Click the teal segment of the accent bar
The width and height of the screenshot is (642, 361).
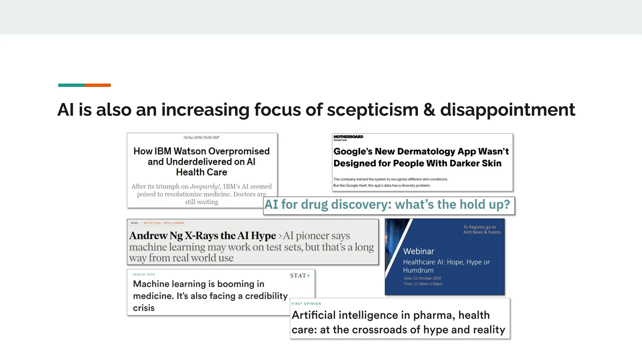71,85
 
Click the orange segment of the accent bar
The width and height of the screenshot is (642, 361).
97,85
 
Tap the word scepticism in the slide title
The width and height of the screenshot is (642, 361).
372,110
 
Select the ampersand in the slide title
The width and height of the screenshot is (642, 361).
429,110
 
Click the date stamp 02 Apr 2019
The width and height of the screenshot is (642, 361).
192,138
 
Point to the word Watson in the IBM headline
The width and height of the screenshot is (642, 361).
190,151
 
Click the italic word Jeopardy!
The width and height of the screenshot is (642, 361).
205,186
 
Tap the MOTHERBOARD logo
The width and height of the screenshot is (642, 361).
348,137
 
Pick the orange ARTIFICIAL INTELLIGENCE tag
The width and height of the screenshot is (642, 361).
164,223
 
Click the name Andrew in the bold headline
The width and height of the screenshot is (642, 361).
148,236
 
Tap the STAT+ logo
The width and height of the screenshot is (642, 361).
300,276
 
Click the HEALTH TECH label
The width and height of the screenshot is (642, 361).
144,275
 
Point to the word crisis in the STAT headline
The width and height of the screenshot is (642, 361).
144,308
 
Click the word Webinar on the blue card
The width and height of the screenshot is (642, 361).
418,251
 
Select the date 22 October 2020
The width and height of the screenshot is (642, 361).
427,278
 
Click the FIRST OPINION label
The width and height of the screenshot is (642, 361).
306,304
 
